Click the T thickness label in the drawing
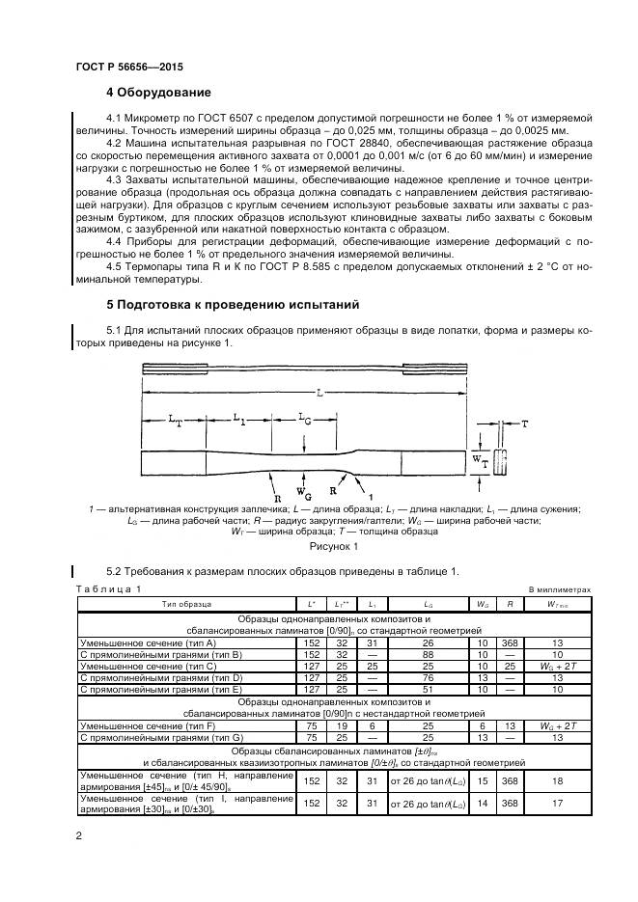tap(524, 424)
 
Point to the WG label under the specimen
tap(303, 475)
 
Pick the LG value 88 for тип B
tap(427, 653)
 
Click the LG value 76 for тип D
tap(427, 677)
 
